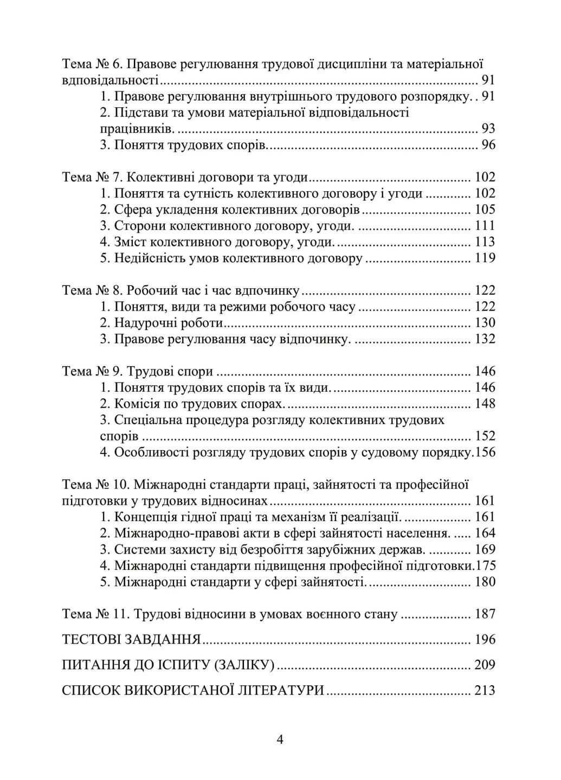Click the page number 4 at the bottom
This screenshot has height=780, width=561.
280,740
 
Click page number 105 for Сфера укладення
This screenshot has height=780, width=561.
485,210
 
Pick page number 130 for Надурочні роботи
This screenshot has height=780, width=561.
485,323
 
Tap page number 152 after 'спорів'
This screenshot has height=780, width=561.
485,436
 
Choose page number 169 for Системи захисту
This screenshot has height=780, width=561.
485,549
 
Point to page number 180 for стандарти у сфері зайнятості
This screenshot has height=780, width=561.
485,582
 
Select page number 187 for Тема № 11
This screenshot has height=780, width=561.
485,614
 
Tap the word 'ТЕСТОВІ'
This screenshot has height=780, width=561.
92,639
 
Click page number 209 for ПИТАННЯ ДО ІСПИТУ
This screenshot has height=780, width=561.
485,665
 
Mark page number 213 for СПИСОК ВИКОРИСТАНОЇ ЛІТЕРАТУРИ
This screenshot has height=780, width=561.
485,690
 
